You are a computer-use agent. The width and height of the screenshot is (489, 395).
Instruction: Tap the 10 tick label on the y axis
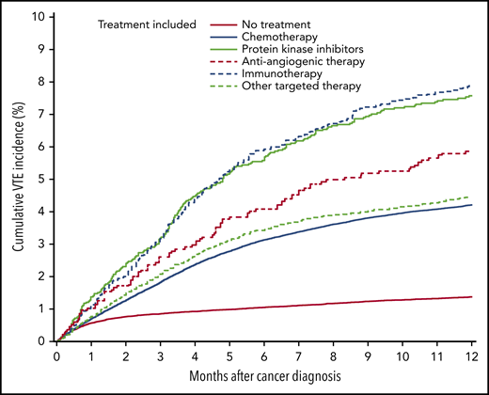pos(38,16)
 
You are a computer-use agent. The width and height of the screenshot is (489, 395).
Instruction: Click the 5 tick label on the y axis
pos(41,179)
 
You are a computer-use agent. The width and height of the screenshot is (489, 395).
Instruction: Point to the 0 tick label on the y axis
pos(41,341)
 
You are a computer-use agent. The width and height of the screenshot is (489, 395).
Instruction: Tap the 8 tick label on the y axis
pos(41,81)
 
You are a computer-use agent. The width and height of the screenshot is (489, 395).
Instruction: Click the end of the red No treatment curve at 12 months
pos(470,297)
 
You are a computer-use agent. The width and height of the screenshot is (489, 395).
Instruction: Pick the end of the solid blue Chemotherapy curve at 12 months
pos(470,205)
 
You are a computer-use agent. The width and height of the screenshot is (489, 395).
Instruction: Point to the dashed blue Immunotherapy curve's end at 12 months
pos(470,86)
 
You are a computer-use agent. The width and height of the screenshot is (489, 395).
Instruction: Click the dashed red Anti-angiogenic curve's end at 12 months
pos(470,151)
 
